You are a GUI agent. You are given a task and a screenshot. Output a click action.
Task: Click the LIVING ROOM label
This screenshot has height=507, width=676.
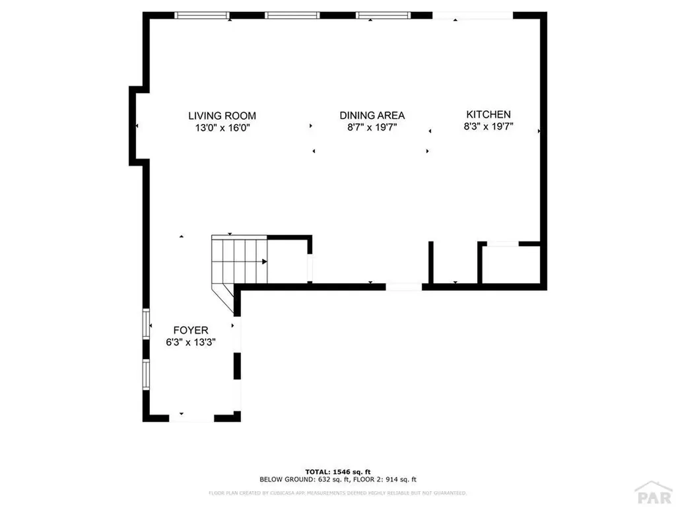222,116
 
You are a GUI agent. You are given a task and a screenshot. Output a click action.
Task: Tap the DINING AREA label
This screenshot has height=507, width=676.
372,116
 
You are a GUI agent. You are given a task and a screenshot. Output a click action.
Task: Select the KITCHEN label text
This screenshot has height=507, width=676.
489,114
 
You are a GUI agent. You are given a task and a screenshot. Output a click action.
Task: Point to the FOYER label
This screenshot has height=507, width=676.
191,330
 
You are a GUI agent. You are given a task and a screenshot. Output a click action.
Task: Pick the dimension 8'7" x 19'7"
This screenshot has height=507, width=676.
372,127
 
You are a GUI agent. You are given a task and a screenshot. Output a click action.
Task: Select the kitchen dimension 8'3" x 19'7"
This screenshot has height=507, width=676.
489,126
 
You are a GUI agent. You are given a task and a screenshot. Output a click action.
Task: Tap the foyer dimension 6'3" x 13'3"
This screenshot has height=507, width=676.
191,342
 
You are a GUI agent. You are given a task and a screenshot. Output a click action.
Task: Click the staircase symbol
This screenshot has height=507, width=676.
238,261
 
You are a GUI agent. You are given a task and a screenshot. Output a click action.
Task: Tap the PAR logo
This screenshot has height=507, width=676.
652,493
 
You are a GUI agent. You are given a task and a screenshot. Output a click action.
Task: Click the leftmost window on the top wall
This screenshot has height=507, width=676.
202,15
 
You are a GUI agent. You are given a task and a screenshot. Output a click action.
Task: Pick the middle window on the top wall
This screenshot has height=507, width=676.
292,15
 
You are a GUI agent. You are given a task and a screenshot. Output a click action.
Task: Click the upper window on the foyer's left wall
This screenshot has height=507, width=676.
146,323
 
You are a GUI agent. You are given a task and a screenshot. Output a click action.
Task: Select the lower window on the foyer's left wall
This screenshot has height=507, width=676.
146,374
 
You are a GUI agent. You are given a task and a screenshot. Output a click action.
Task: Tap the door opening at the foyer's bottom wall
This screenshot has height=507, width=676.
191,417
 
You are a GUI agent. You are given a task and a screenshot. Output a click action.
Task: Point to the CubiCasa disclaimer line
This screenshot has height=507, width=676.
338,492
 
